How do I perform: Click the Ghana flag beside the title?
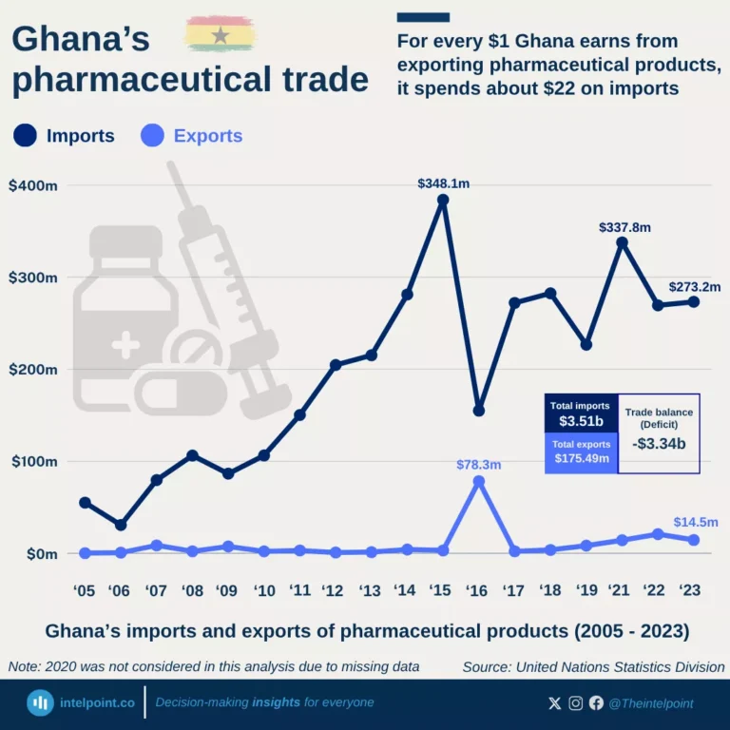pyautogui.click(x=221, y=35)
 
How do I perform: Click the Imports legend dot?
pyautogui.click(x=26, y=136)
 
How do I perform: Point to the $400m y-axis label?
pyautogui.click(x=33, y=185)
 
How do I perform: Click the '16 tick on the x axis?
pyautogui.click(x=478, y=591)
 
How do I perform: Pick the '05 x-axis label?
pyautogui.click(x=84, y=591)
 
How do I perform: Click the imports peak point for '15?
pyautogui.click(x=443, y=201)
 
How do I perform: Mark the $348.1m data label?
pyautogui.click(x=443, y=183)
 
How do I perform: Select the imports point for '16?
pyautogui.click(x=479, y=411)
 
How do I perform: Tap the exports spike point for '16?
pyautogui.click(x=479, y=482)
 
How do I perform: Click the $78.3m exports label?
pyautogui.click(x=478, y=465)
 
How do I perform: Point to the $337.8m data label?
pyautogui.click(x=624, y=227)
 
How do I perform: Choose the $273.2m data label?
pyautogui.click(x=694, y=286)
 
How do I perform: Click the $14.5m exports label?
pyautogui.click(x=696, y=522)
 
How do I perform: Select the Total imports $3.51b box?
pyautogui.click(x=581, y=413)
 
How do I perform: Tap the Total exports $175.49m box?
pyautogui.click(x=581, y=452)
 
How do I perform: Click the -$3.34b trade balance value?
pyautogui.click(x=659, y=442)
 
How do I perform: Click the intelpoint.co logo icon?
pyautogui.click(x=40, y=703)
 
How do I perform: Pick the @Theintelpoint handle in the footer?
pyautogui.click(x=651, y=703)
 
